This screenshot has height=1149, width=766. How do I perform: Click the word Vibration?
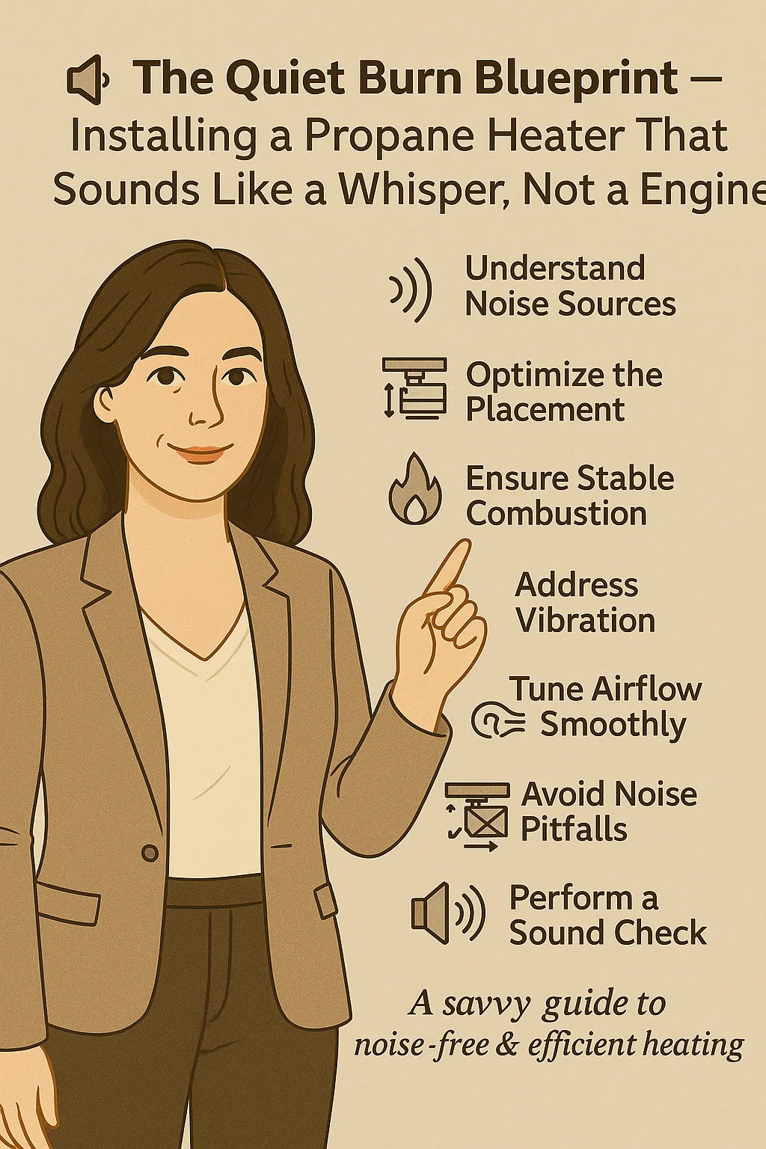click(x=585, y=621)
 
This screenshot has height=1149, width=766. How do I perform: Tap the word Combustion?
click(x=556, y=514)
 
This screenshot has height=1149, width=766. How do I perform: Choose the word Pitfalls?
click(x=574, y=830)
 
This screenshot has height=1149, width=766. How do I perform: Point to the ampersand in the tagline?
click(x=506, y=1044)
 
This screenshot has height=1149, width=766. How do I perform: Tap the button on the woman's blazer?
click(x=150, y=853)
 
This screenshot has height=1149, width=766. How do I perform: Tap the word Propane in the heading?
click(x=397, y=135)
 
